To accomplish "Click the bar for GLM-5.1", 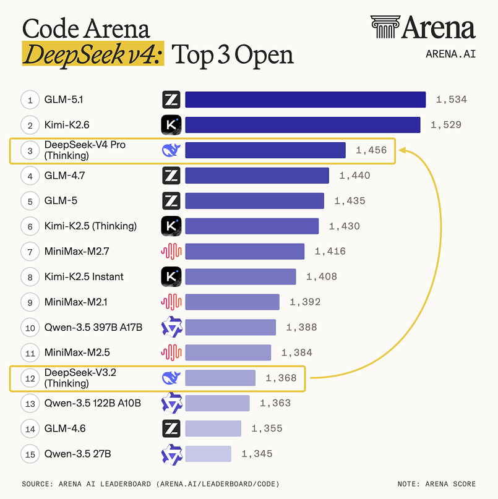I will [305, 100].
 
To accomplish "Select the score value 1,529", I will [446, 125].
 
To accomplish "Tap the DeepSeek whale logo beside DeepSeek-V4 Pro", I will [171, 150].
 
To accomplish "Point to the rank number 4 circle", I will [30, 176].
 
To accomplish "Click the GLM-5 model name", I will [61, 201].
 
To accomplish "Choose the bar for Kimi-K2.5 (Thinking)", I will [252, 226].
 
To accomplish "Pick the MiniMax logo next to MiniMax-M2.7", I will [171, 252].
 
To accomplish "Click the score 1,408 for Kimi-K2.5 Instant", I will [322, 276].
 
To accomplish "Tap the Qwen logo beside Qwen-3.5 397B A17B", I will [171, 327].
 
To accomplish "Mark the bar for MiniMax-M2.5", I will [228, 352].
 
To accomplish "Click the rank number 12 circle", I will [30, 378].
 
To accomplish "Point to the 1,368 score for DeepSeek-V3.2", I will [281, 378].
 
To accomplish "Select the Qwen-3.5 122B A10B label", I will [93, 403].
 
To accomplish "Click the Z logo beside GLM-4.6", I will [171, 429].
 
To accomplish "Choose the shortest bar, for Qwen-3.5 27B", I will [208, 454].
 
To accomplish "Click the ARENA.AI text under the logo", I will [450, 54].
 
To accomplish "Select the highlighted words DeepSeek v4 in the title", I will [93, 55].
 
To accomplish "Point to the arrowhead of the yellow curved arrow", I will [401, 150].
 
